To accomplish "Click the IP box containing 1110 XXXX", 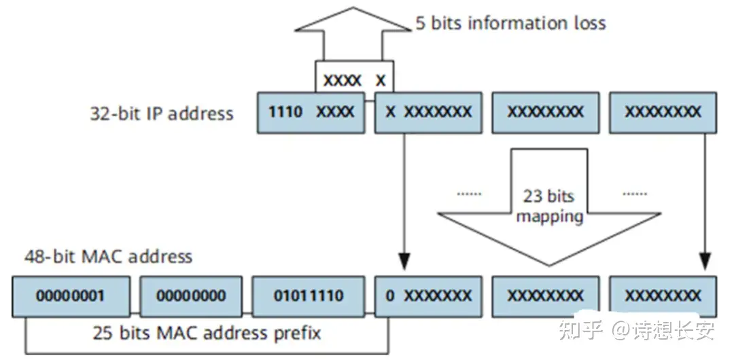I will (311, 112).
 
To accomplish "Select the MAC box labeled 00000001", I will (71, 296).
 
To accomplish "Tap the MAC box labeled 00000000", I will (190, 296).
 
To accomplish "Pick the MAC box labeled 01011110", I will (308, 296).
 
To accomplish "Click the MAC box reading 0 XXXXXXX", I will (427, 296).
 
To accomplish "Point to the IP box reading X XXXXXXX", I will (427, 112).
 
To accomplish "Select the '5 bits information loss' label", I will (510, 23).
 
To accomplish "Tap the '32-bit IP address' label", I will (161, 113).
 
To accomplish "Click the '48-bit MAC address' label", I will (108, 257).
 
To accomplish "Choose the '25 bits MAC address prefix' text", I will (207, 333).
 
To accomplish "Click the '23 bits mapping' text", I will (549, 206).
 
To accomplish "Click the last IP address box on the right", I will (662, 112).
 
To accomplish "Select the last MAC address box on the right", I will (662, 296).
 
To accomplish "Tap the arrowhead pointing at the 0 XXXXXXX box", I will (405, 260).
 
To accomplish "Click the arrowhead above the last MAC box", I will (705, 260).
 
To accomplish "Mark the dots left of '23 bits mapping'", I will (468, 194).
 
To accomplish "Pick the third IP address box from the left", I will (545, 112).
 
